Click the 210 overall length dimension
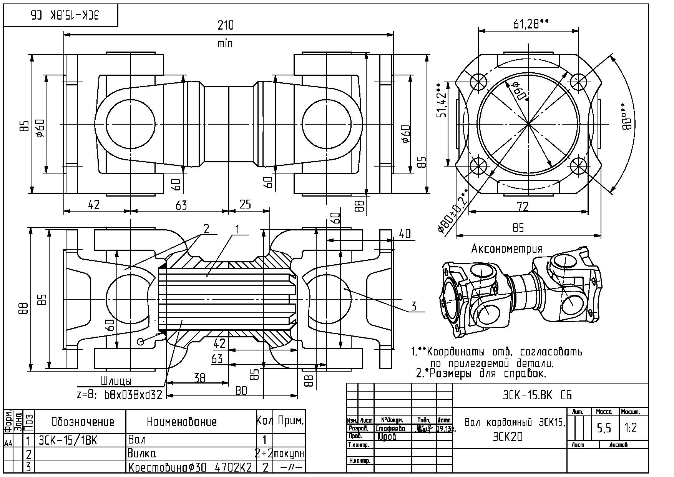point(226,25)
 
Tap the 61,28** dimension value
point(531,24)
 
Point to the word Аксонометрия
point(507,249)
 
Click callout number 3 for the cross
point(413,306)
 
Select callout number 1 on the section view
point(237,230)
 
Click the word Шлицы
point(116,381)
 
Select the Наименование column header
point(182,422)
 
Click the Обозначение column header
point(83,422)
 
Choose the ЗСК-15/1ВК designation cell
point(68,440)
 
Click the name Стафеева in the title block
point(390,429)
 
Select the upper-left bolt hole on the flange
point(479,82)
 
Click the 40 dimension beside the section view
point(405,233)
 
